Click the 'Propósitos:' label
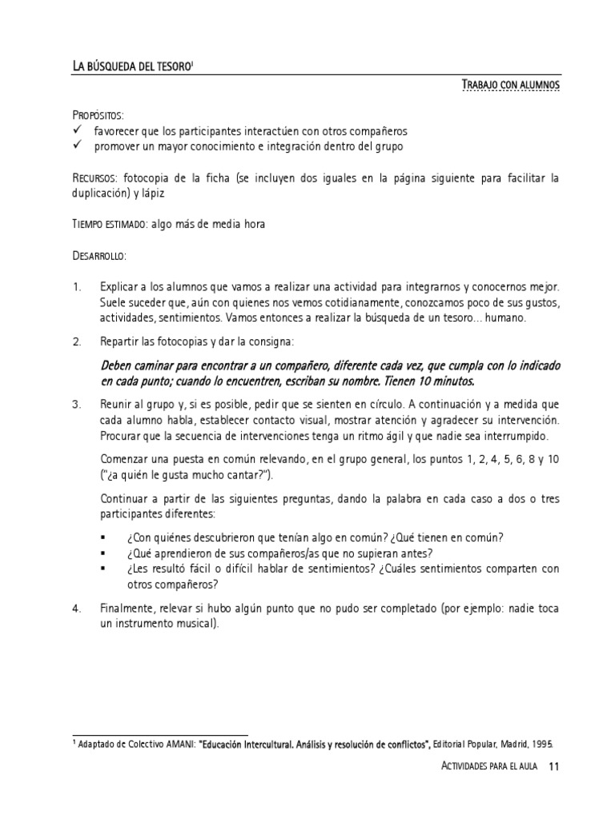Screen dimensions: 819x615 [x=98, y=116]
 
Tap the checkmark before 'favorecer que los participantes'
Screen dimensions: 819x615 [x=78, y=130]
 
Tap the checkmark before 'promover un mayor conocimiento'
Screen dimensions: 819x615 [x=78, y=146]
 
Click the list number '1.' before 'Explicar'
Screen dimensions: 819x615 [x=78, y=286]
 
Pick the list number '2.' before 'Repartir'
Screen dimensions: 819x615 [x=78, y=342]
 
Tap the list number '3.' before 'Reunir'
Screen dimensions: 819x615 [x=78, y=405]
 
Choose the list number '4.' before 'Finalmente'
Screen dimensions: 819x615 [x=78, y=609]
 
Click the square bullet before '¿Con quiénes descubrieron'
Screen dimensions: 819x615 [x=104, y=537]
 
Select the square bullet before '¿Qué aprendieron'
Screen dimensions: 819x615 [x=104, y=553]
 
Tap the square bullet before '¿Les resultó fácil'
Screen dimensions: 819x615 [x=104, y=569]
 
